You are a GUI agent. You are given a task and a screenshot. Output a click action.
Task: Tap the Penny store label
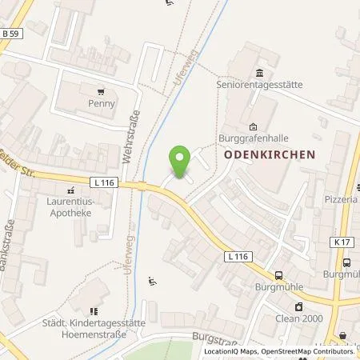pyautogui.click(x=102, y=104)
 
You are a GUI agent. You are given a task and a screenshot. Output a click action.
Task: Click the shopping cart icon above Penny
pyautogui.click(x=102, y=91)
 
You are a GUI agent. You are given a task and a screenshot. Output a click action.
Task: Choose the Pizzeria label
pyautogui.click(x=342, y=199)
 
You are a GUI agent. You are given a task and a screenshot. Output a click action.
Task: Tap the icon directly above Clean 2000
pyautogui.click(x=298, y=306)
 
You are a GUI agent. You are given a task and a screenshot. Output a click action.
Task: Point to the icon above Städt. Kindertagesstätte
pyautogui.click(x=94, y=310)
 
